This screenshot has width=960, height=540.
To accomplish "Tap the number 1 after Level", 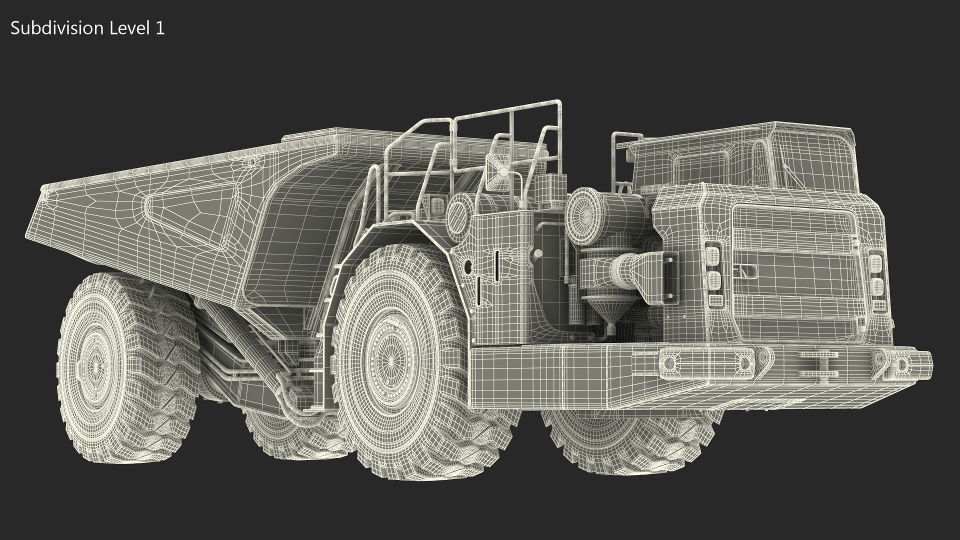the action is pyautogui.click(x=159, y=28).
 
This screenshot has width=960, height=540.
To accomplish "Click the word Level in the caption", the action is pyautogui.click(x=127, y=28).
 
